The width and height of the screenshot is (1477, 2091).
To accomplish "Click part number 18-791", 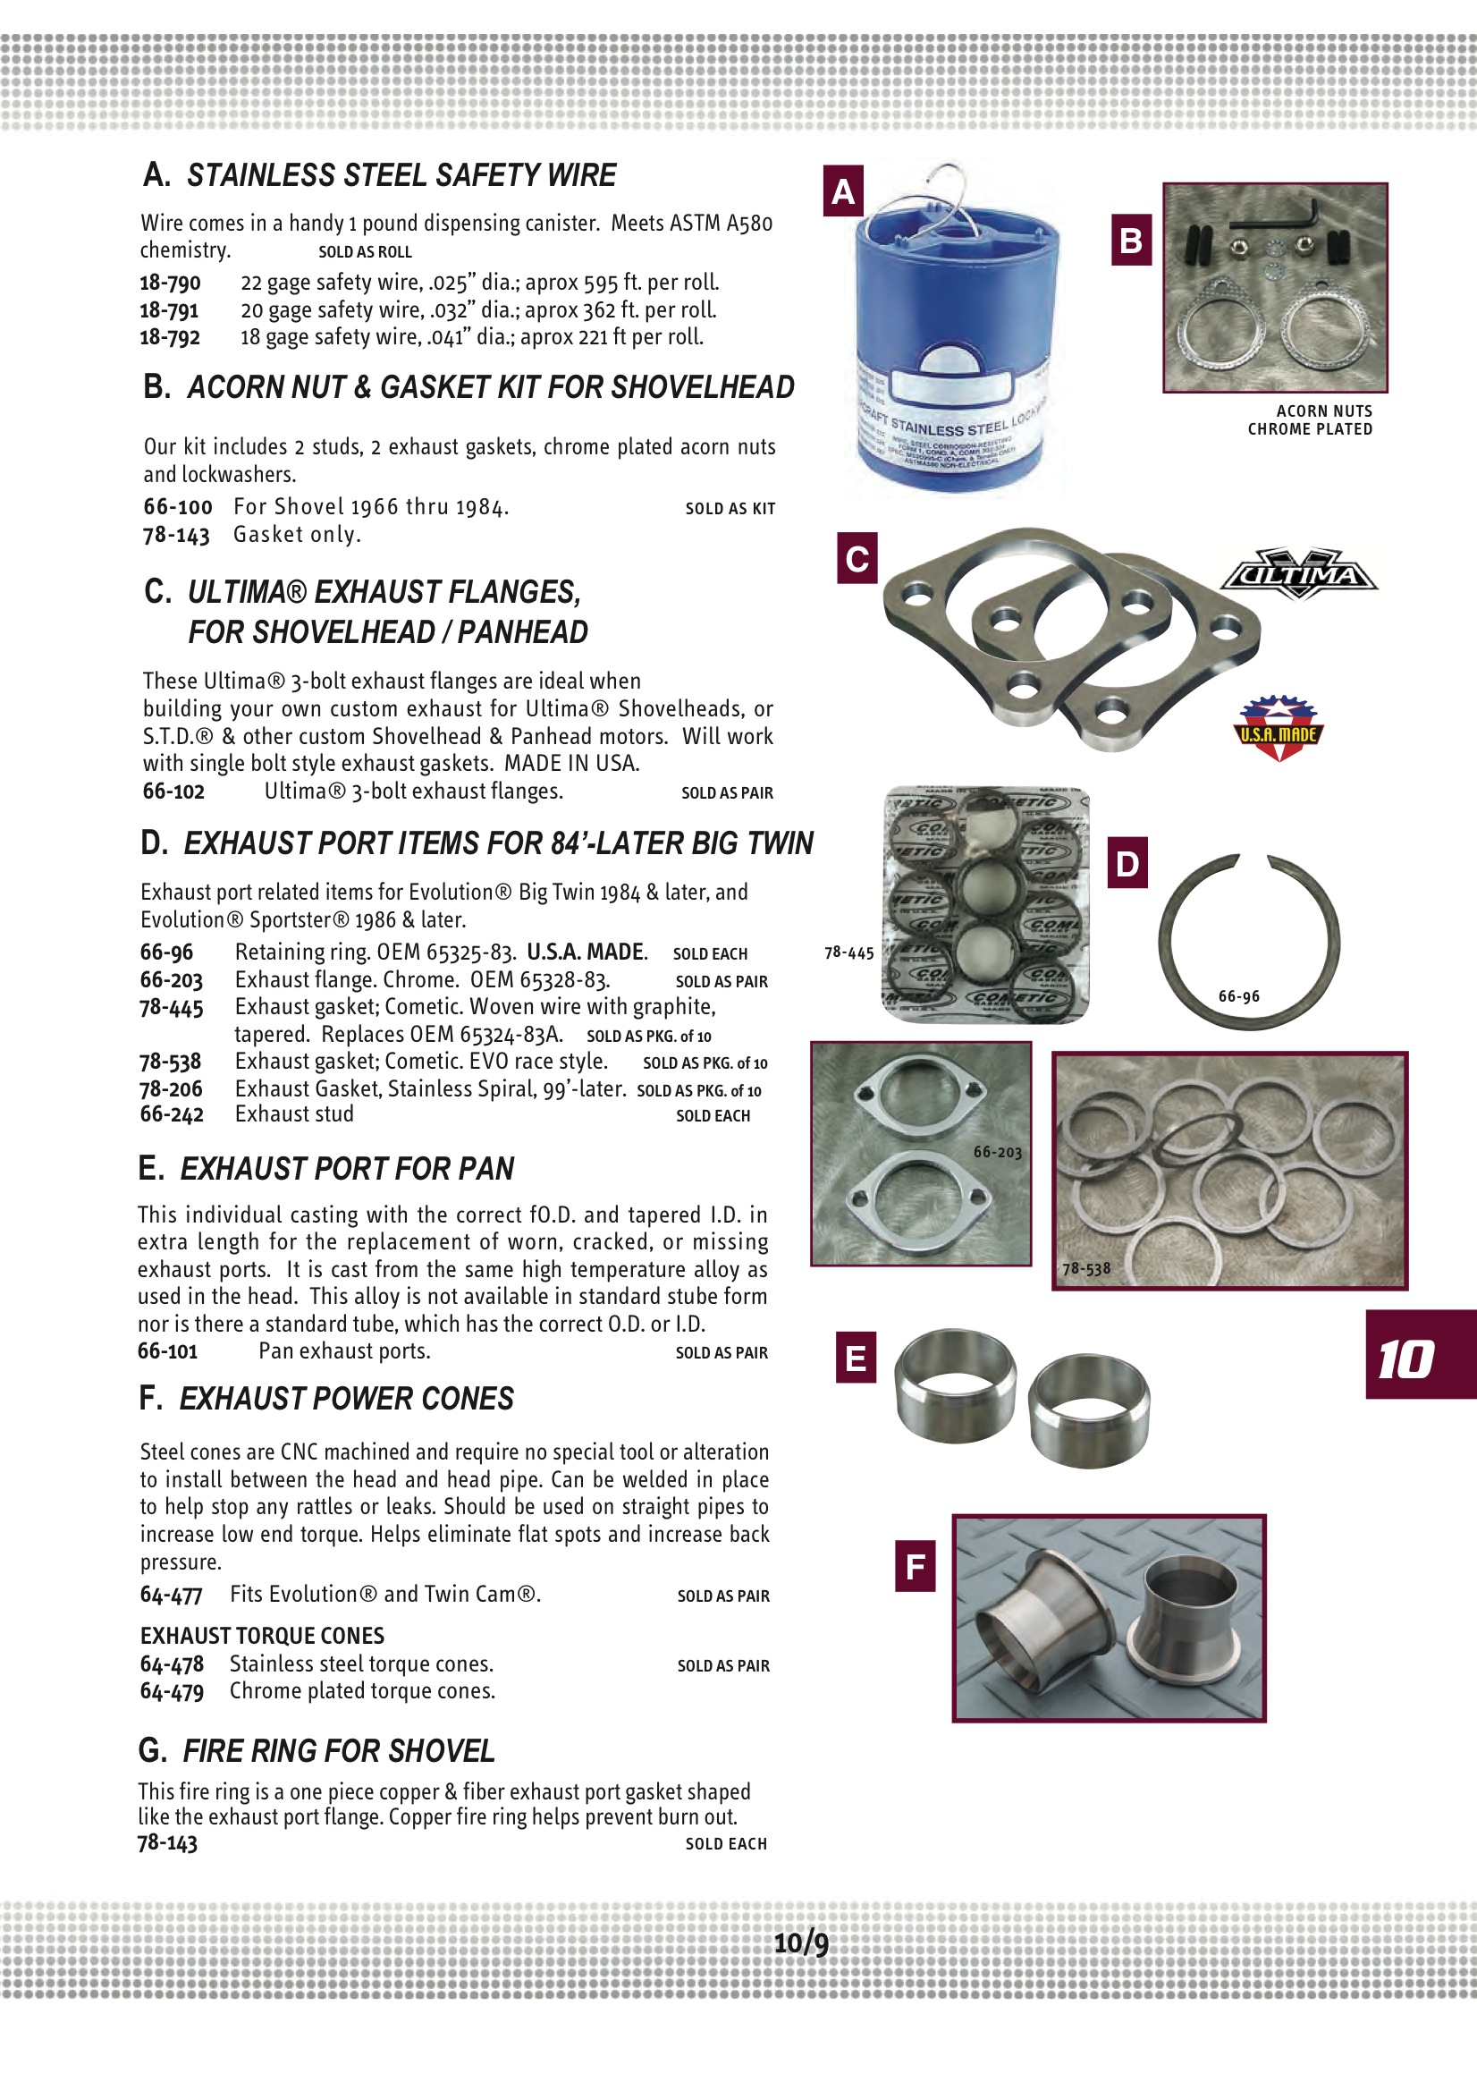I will click(x=169, y=310).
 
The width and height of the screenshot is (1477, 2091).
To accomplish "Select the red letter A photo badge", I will click(x=843, y=191).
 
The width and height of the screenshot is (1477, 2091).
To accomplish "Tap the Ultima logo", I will click(x=1299, y=575).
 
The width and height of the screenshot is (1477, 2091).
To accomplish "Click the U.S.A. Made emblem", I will click(x=1279, y=730).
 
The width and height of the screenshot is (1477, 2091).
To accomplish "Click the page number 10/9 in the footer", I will click(x=800, y=1943).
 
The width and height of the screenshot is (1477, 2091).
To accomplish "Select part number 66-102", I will click(x=174, y=792).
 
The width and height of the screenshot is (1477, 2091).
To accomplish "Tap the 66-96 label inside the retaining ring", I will click(x=1238, y=996).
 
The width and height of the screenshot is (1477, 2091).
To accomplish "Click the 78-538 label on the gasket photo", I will click(x=1086, y=1268).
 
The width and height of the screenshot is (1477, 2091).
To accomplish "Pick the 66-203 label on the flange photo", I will click(x=997, y=1152).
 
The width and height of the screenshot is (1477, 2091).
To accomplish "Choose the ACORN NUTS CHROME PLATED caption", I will click(x=1311, y=419).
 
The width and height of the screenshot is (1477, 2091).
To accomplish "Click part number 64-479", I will click(x=172, y=1691).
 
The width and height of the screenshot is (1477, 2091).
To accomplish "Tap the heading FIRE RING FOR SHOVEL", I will click(x=338, y=1750).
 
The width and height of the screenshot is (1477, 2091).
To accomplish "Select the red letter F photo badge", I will click(x=916, y=1566).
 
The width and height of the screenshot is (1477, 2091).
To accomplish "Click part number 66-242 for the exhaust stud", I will click(x=172, y=1114).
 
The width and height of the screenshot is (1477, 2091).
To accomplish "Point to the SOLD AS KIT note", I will click(x=730, y=509).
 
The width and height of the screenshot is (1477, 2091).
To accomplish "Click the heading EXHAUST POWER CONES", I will click(x=346, y=1399).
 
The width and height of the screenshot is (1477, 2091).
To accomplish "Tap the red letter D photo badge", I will click(x=1127, y=862).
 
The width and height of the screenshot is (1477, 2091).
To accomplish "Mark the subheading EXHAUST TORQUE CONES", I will click(x=262, y=1636).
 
